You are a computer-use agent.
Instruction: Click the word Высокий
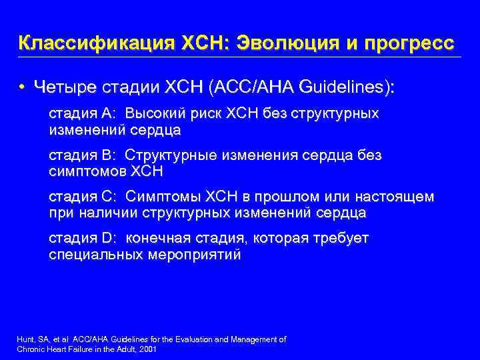(155, 113)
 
